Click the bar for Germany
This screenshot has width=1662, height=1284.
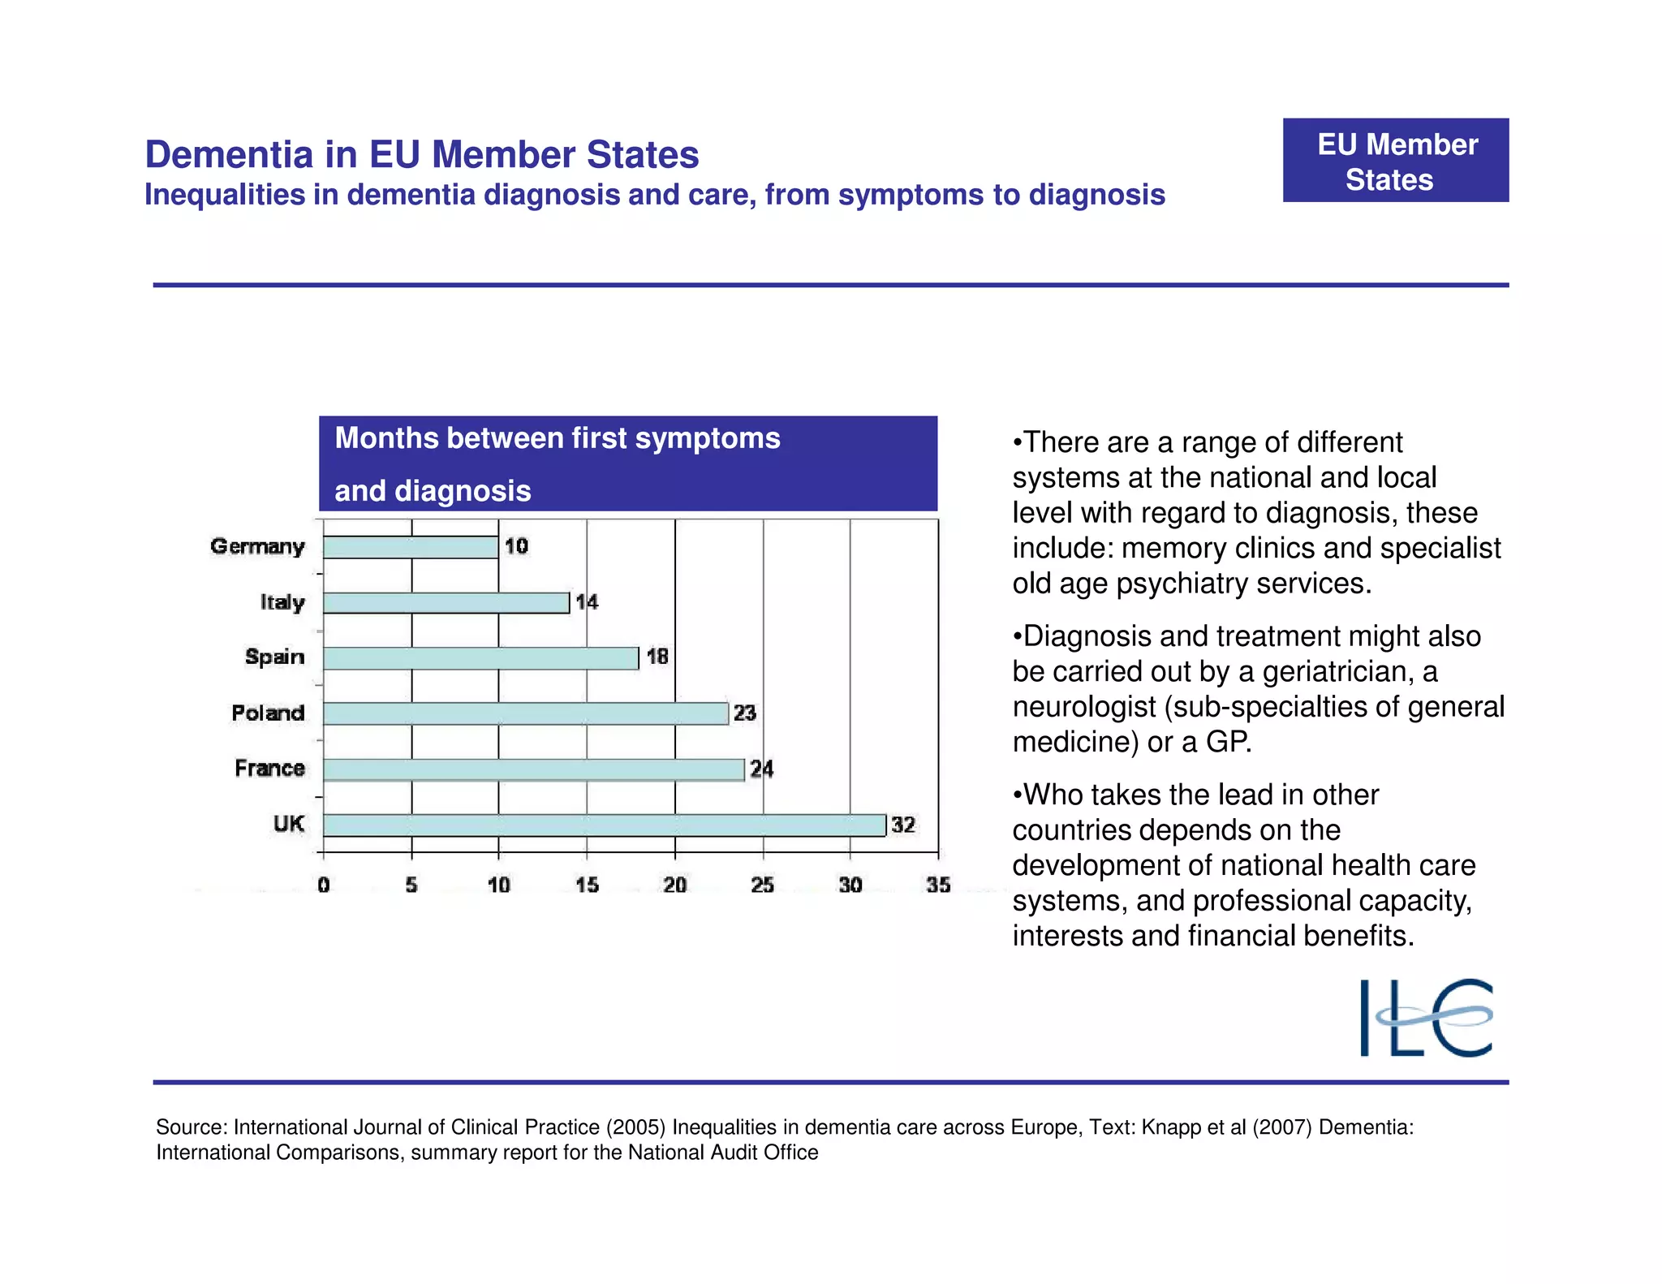[x=411, y=547]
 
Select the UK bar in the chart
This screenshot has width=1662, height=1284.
[x=605, y=825]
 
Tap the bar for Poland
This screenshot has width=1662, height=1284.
[x=526, y=713]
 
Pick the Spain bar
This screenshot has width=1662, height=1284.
[x=481, y=658]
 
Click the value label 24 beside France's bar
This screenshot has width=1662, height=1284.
[x=761, y=769]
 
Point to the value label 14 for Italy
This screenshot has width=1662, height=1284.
[x=587, y=602]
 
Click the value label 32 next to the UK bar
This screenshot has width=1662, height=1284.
[x=903, y=825]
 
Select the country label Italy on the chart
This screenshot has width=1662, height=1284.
[x=282, y=602]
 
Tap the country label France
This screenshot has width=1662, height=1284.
[x=269, y=768]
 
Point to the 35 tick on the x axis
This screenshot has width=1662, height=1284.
[x=938, y=885]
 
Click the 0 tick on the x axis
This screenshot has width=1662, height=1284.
[x=324, y=885]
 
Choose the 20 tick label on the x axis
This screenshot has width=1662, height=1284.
[x=675, y=885]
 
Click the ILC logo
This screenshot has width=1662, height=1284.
[x=1426, y=1018]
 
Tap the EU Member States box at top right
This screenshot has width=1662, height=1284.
[x=1396, y=161]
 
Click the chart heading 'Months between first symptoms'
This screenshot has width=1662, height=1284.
[x=558, y=438]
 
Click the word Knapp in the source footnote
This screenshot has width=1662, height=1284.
[x=1169, y=1127]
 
